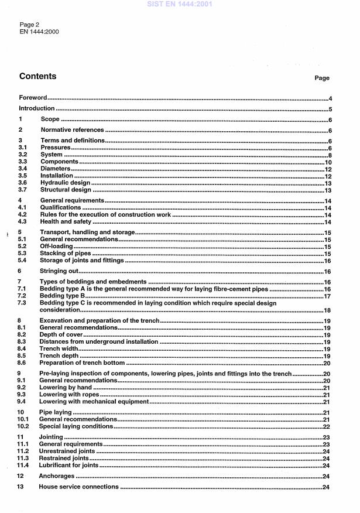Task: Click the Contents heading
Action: tap(38, 76)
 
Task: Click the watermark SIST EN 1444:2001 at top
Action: tap(180, 4)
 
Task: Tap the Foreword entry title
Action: tap(33, 98)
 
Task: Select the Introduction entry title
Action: tap(37, 108)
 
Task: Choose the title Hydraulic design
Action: tap(65, 183)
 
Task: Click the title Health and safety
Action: tap(66, 221)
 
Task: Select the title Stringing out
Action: tap(59, 271)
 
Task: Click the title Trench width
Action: tap(58, 348)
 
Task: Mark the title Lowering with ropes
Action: tap(69, 395)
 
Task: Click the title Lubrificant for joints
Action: tap(68, 466)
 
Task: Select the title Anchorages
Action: tap(57, 476)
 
